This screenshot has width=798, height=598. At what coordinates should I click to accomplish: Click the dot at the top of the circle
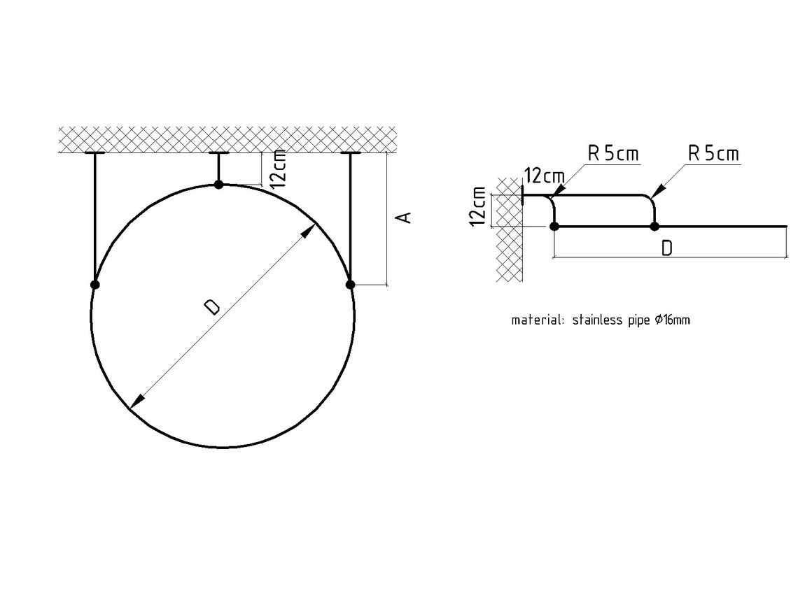click(219, 184)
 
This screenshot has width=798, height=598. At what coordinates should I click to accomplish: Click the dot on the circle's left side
click(94, 285)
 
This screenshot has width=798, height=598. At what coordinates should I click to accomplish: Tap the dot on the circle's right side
click(350, 285)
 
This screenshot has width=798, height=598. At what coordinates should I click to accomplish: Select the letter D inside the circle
click(211, 307)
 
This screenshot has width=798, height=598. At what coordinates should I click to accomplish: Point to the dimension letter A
click(404, 218)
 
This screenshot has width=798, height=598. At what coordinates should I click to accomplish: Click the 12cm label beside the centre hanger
click(278, 169)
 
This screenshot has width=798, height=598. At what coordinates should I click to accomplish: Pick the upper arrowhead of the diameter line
click(308, 232)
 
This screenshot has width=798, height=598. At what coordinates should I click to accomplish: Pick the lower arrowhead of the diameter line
click(137, 401)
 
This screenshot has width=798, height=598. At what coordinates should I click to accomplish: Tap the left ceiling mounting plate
click(94, 152)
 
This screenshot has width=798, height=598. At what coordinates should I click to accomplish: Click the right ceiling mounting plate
click(350, 152)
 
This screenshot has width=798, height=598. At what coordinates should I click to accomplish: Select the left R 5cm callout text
click(612, 153)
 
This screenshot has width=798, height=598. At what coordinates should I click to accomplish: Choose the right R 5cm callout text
click(713, 153)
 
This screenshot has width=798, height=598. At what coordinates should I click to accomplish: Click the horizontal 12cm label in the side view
click(545, 176)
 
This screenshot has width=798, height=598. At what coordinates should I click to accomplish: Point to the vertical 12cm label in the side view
click(477, 206)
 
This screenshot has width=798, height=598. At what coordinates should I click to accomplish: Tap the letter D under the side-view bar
click(666, 248)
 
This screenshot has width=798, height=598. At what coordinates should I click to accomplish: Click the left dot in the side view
click(554, 227)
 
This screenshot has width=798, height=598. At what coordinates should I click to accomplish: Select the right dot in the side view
click(655, 227)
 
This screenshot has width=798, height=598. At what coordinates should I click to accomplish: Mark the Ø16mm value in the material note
click(672, 320)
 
